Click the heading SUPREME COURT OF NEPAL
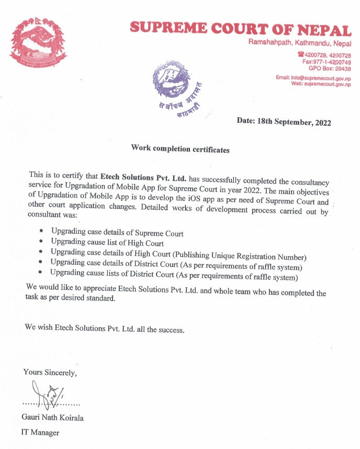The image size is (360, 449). click(x=240, y=29)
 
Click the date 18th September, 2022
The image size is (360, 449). click(x=284, y=121)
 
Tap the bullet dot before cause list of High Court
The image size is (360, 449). click(x=41, y=242)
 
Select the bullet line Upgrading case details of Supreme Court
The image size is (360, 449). click(x=117, y=232)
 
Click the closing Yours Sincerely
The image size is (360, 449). click(x=50, y=373)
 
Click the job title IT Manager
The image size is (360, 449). click(x=40, y=433)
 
